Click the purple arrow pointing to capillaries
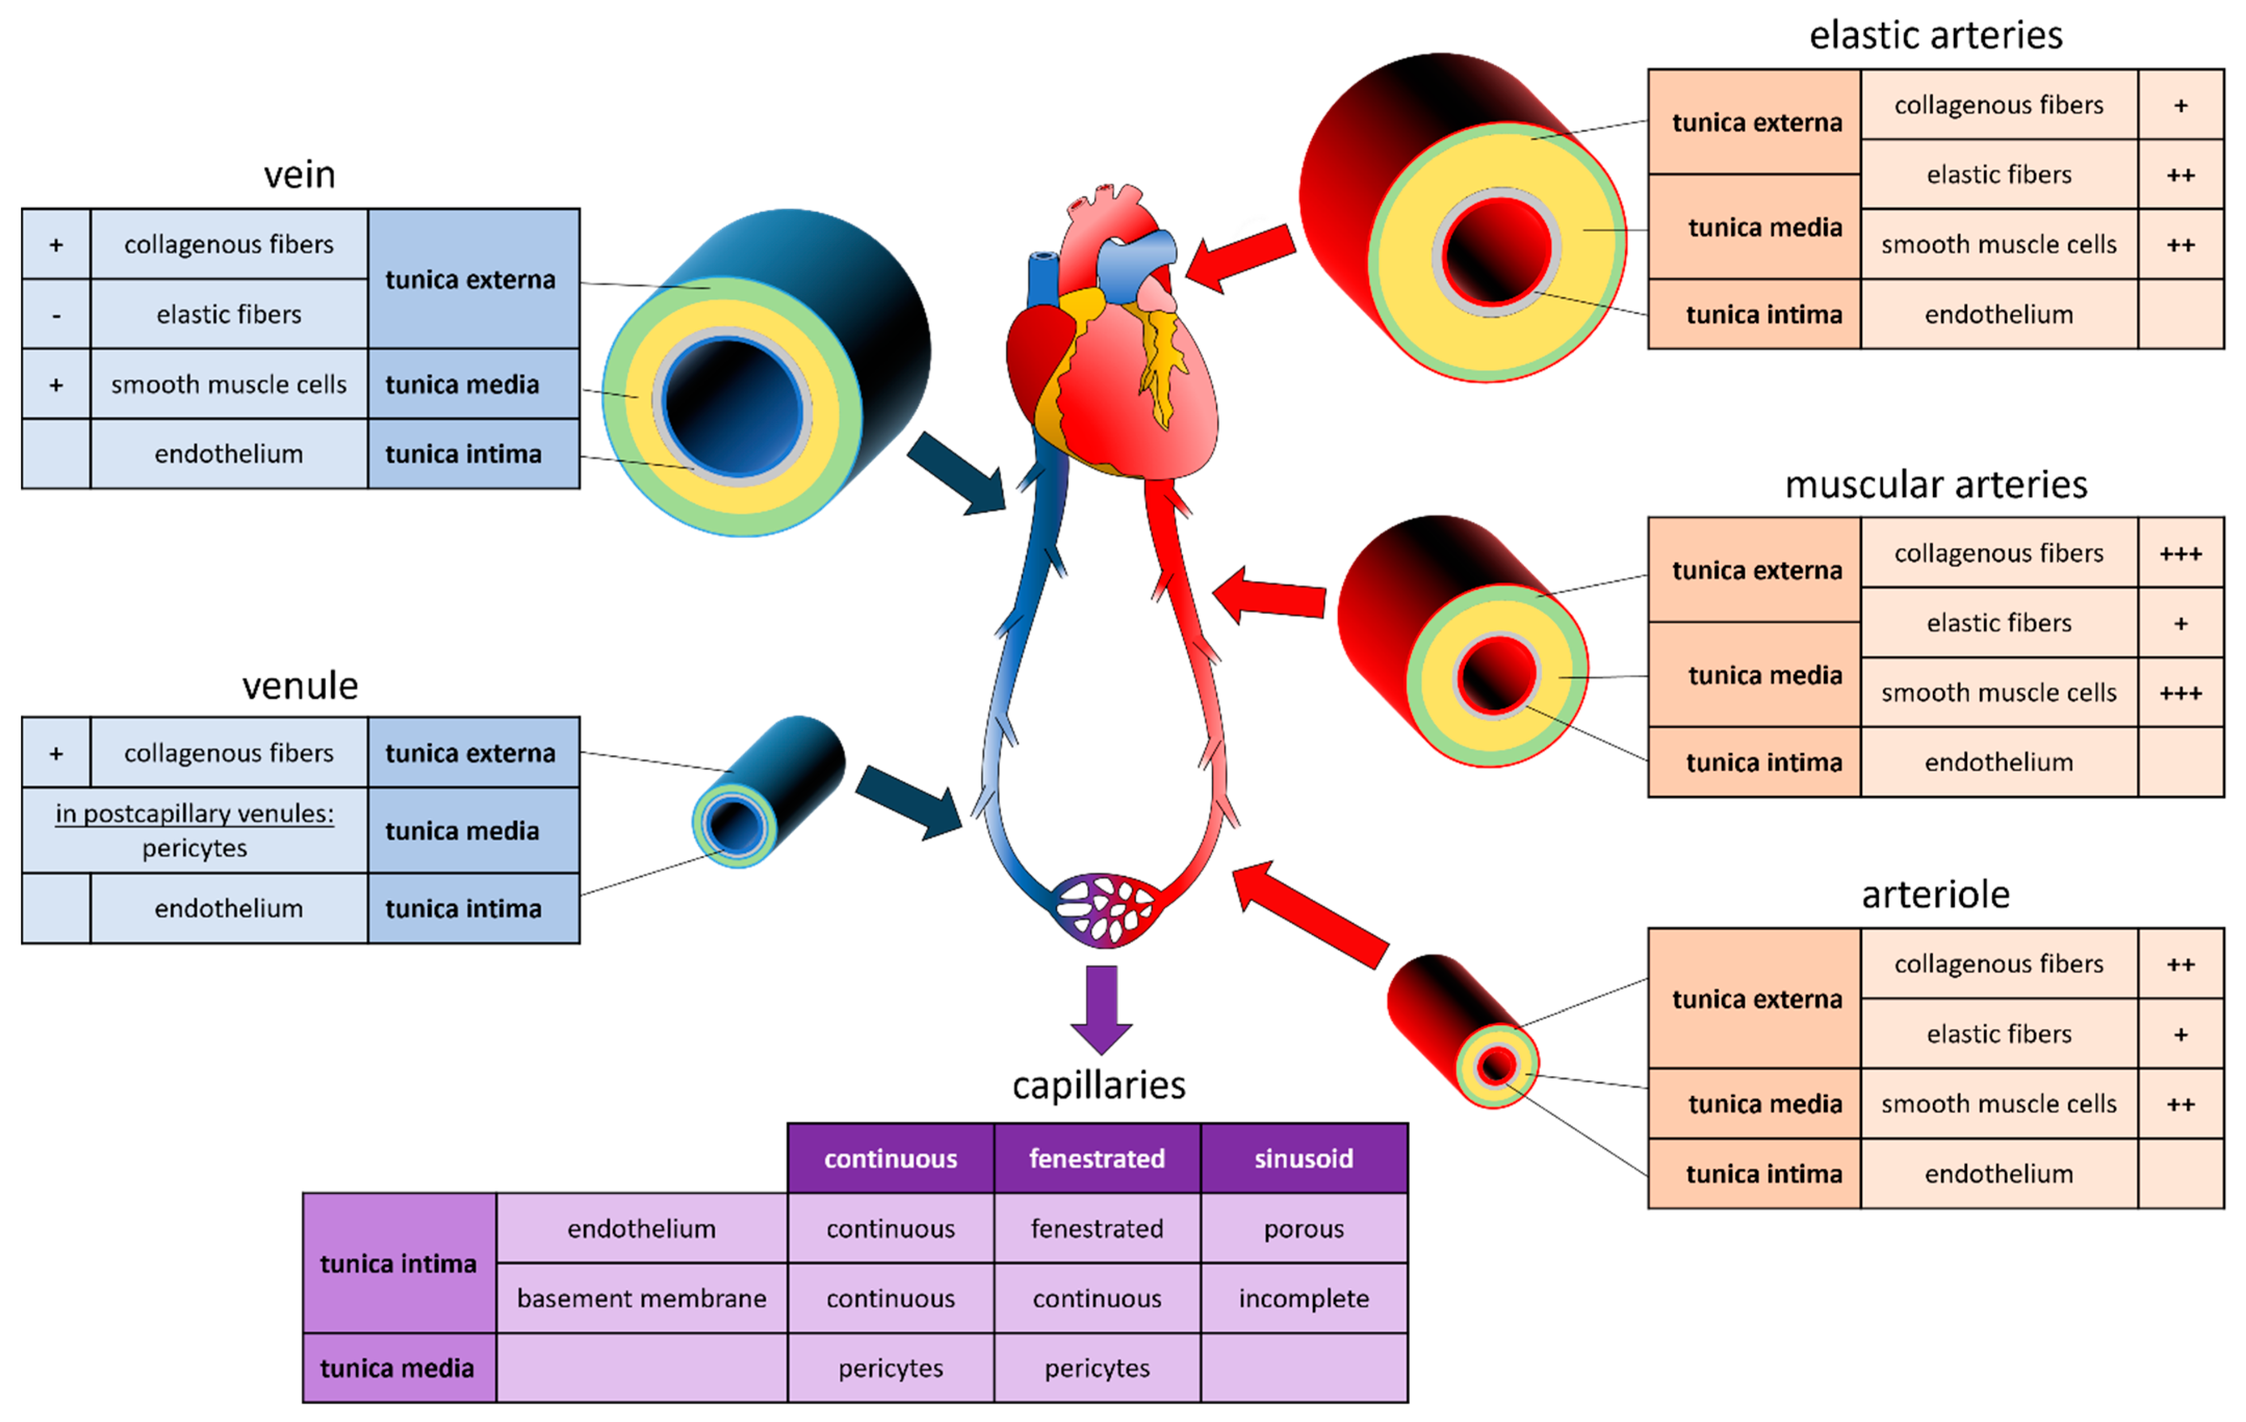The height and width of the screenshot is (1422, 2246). pyautogui.click(x=1101, y=1008)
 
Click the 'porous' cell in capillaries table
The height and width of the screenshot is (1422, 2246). pyautogui.click(x=1303, y=1229)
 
